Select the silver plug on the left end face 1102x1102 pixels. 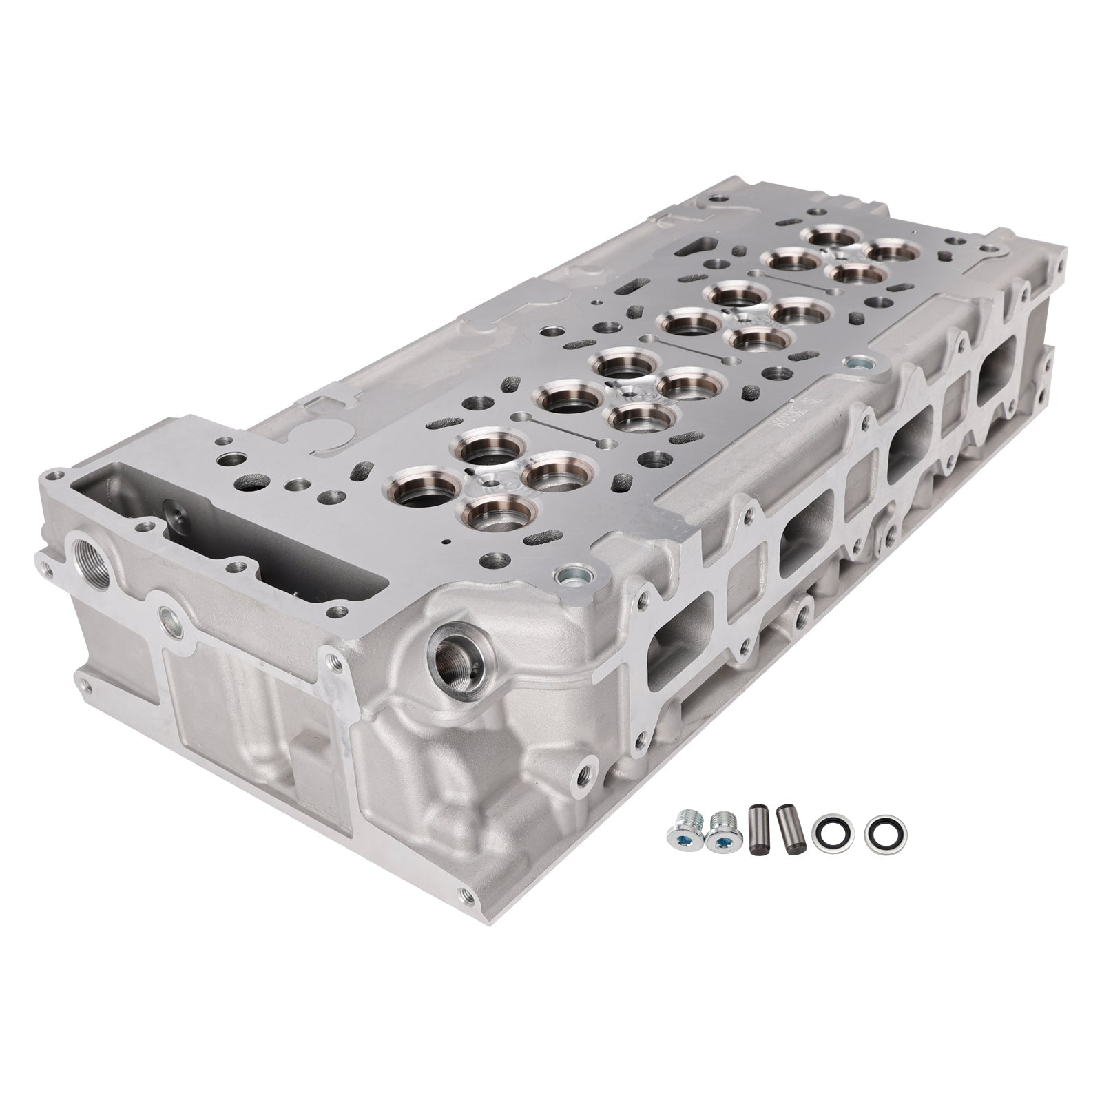click(x=167, y=616)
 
